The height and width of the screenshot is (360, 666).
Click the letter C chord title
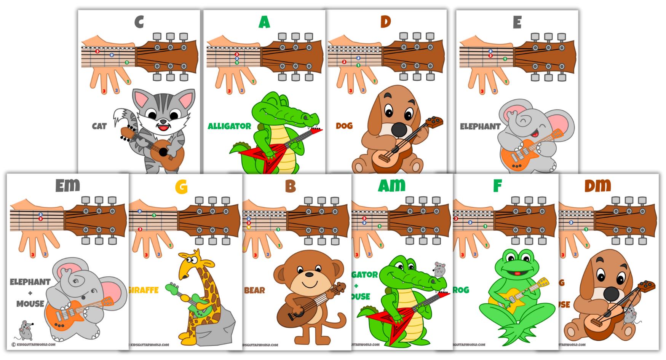(x=139, y=22)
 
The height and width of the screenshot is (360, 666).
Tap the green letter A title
(x=264, y=22)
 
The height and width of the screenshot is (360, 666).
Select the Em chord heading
(x=67, y=185)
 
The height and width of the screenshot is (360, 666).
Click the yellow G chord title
(x=181, y=186)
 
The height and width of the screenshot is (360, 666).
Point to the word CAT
(x=99, y=126)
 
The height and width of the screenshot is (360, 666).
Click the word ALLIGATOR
(x=229, y=126)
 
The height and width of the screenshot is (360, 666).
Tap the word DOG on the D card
(x=344, y=126)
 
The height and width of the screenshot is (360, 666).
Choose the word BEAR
(x=254, y=290)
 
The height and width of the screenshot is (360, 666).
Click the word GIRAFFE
(x=144, y=290)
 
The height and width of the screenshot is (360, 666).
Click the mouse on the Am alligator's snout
(x=439, y=269)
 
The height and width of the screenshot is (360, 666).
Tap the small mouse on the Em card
(x=26, y=330)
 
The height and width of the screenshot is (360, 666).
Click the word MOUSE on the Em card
(x=30, y=304)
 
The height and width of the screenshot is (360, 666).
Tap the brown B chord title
(x=290, y=186)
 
